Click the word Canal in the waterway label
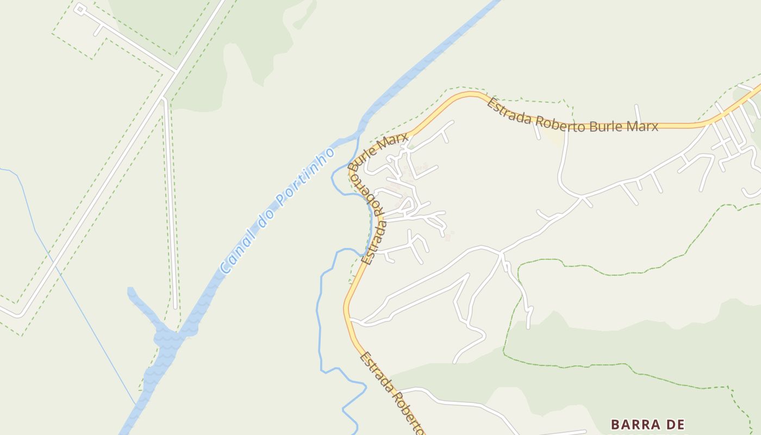(x=235, y=253)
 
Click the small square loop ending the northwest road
(x=79, y=9)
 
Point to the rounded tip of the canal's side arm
(x=130, y=290)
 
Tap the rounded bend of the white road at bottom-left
(x=20, y=314)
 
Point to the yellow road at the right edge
(x=753, y=95)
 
